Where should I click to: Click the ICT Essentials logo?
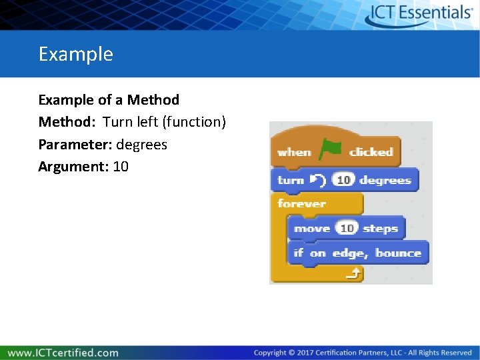tap(419, 14)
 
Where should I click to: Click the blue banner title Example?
tap(75, 54)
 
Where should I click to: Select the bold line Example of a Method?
tap(109, 100)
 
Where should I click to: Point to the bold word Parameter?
tap(75, 145)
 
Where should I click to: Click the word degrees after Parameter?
tap(142, 145)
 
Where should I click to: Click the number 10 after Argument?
tap(121, 167)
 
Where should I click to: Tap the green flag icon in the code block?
tap(329, 150)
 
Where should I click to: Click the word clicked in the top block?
tap(371, 152)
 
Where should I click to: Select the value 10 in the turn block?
tap(343, 180)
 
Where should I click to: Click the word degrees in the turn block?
tap(385, 180)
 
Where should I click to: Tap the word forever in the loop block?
tap(301, 203)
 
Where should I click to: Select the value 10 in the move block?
tap(346, 229)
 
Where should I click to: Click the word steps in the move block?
tap(380, 229)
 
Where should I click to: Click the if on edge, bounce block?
tap(357, 253)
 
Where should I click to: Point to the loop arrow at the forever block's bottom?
tap(355, 273)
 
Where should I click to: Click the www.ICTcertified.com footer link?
tap(63, 353)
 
